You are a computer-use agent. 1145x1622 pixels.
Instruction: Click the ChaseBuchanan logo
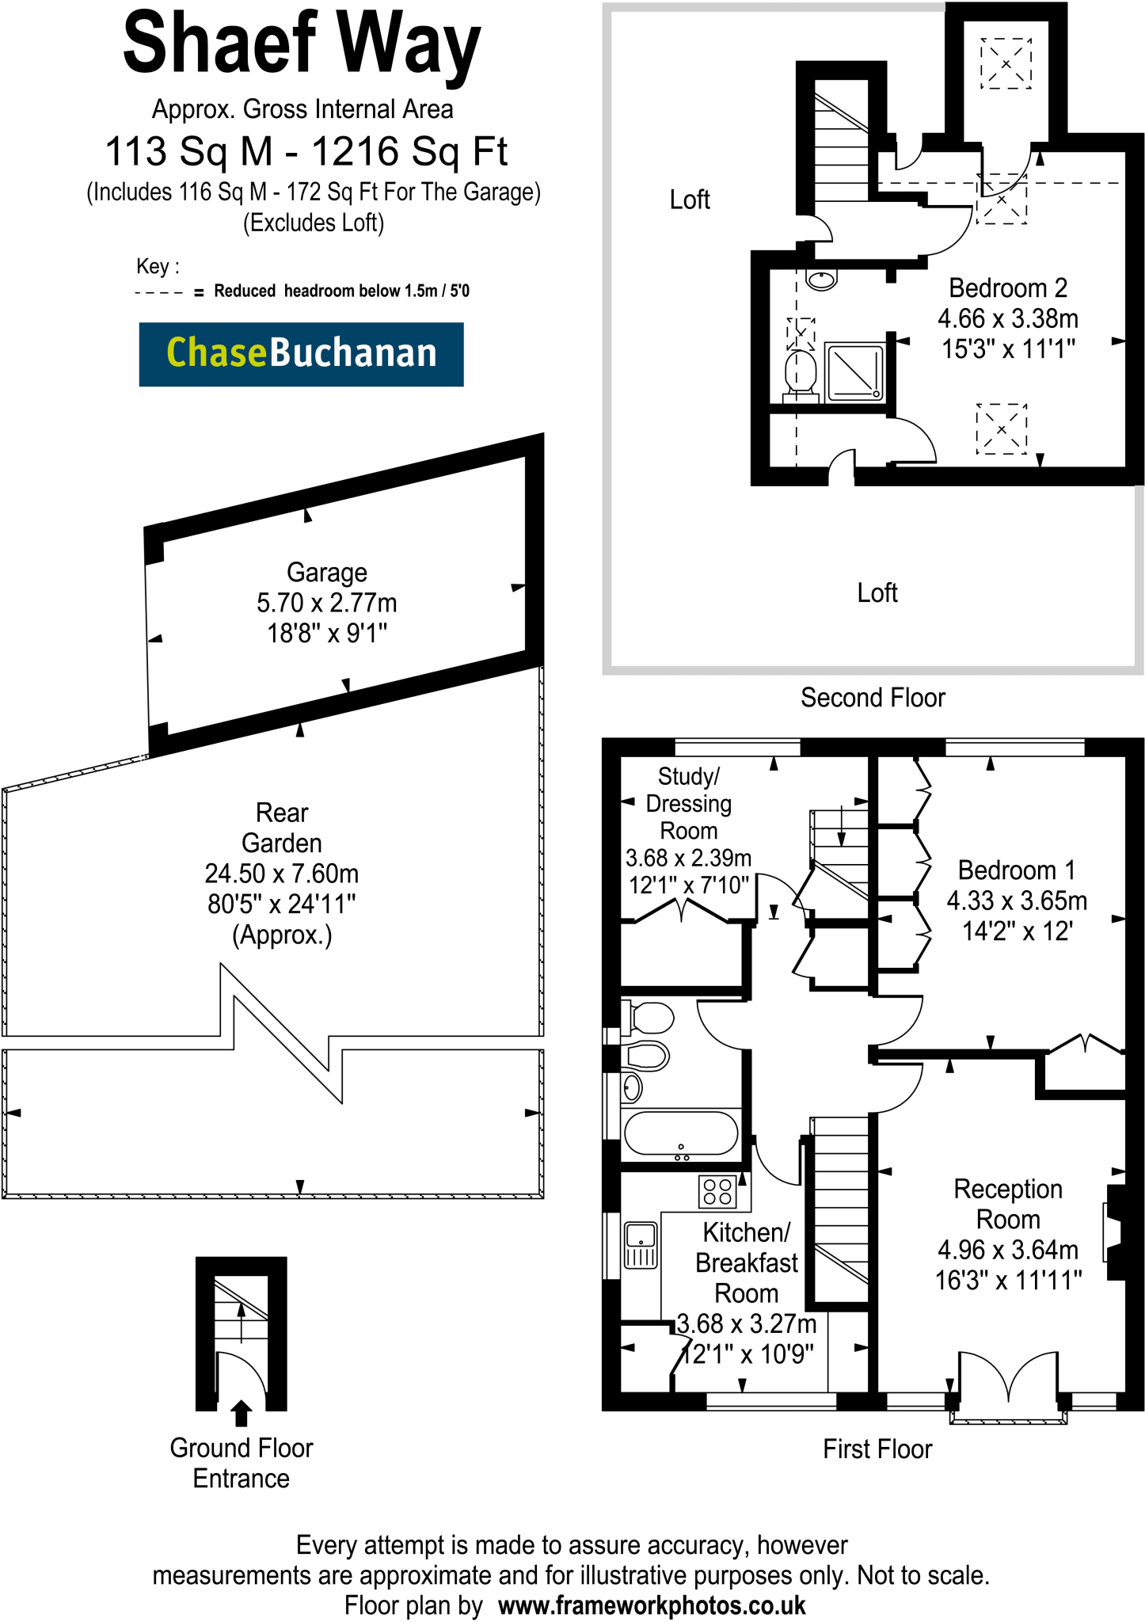tap(301, 354)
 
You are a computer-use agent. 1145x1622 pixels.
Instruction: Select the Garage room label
tap(326, 572)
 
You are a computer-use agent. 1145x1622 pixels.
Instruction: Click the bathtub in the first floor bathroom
tap(680, 1133)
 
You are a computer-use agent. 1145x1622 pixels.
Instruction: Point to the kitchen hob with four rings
tap(717, 1192)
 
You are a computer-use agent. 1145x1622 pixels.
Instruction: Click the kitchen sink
tap(641, 1246)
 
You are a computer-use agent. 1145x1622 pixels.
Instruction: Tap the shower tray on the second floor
tap(854, 372)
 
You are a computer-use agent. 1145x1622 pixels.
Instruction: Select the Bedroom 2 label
tap(1007, 287)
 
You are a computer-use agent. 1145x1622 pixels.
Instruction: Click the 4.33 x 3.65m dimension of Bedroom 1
tap(1016, 900)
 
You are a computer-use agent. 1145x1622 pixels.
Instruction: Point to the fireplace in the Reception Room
tap(1113, 1232)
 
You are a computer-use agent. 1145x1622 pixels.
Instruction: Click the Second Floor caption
tap(873, 698)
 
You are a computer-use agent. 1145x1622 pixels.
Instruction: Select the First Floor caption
tap(877, 1449)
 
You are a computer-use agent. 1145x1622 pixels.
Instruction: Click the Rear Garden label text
tap(282, 828)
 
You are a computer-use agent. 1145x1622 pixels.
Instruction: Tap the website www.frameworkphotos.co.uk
tap(652, 1605)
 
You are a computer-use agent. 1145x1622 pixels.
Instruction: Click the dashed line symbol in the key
tap(159, 292)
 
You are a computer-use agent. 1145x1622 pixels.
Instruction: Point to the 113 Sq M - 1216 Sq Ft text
tap(306, 151)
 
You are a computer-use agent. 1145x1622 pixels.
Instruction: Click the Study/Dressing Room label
tap(688, 803)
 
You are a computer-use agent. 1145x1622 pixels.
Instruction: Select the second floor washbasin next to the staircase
tap(821, 280)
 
